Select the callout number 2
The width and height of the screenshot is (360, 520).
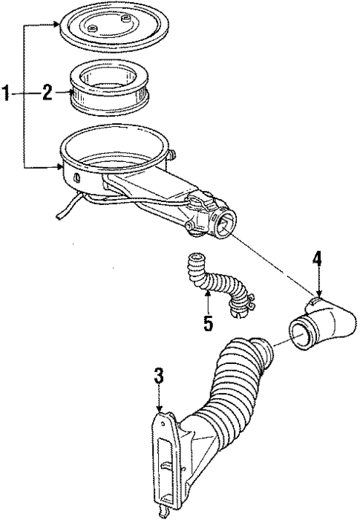(46, 93)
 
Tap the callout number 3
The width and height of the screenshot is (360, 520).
(157, 376)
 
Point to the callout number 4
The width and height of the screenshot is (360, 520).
(317, 259)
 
